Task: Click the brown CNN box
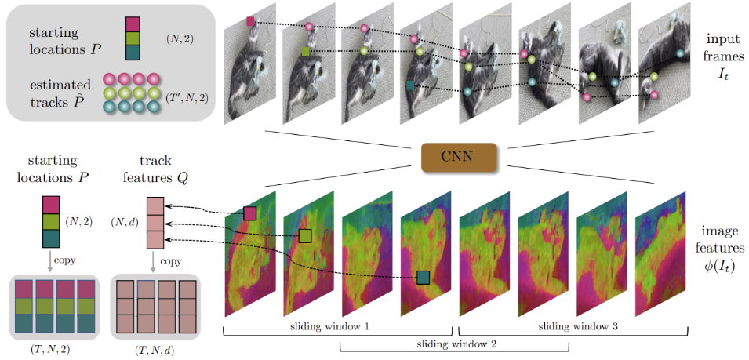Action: click(x=458, y=157)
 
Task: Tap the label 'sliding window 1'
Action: click(x=338, y=324)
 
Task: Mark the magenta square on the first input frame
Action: click(x=250, y=22)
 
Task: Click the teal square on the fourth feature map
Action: click(x=424, y=277)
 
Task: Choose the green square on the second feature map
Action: click(x=305, y=235)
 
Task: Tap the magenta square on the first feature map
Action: click(x=250, y=213)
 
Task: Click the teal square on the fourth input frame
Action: click(x=410, y=85)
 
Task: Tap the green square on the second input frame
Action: click(x=305, y=52)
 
